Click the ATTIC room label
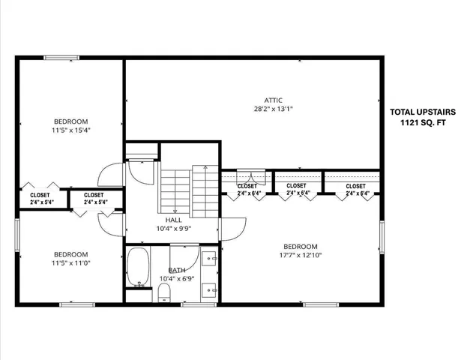click(273, 99)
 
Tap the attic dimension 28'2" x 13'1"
click(273, 108)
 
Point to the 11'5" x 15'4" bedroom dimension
click(71, 130)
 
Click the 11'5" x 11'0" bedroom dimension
click(71, 263)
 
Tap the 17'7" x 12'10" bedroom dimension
click(300, 256)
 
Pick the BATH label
click(177, 270)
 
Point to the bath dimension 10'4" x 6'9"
click(177, 279)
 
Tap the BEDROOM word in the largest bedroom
click(300, 247)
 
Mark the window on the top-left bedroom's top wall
click(61, 58)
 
